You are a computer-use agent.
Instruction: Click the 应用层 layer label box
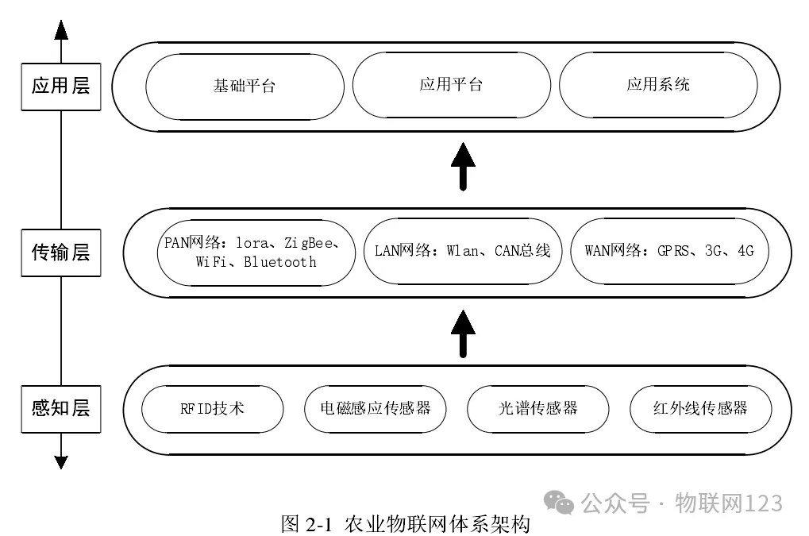[x=61, y=86]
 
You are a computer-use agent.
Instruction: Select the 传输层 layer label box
[x=61, y=253]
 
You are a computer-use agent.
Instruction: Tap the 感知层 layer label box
[x=61, y=409]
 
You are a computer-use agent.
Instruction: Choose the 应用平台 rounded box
[x=451, y=85]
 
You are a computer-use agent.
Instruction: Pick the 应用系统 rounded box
[x=658, y=85]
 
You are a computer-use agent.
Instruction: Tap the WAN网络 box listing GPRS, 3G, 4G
[x=669, y=252]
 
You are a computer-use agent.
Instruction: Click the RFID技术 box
[x=212, y=409]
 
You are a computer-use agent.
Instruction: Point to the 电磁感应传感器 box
[x=375, y=409]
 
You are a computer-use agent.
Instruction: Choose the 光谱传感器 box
[x=537, y=409]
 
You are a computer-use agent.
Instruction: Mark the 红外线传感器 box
[x=700, y=409]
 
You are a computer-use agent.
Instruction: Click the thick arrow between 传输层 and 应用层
[x=463, y=166]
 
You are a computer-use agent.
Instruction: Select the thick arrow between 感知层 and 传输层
[x=463, y=333]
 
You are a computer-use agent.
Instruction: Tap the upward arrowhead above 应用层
[x=61, y=30]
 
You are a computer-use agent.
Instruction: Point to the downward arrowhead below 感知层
[x=61, y=462]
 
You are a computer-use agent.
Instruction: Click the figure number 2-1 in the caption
[x=322, y=524]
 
